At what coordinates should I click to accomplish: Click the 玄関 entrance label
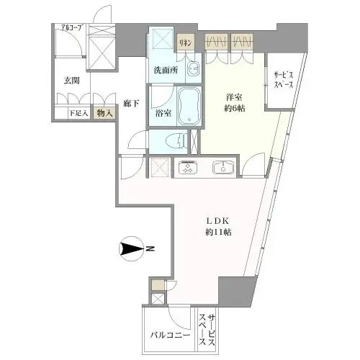tap(70, 81)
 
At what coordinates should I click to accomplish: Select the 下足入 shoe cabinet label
tap(78, 113)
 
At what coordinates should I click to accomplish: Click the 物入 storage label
tap(104, 113)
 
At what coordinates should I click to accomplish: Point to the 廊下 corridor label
tap(130, 103)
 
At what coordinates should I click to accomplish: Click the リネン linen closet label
tap(186, 44)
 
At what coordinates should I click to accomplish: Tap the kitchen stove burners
tap(187, 167)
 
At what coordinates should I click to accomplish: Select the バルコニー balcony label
tap(170, 336)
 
